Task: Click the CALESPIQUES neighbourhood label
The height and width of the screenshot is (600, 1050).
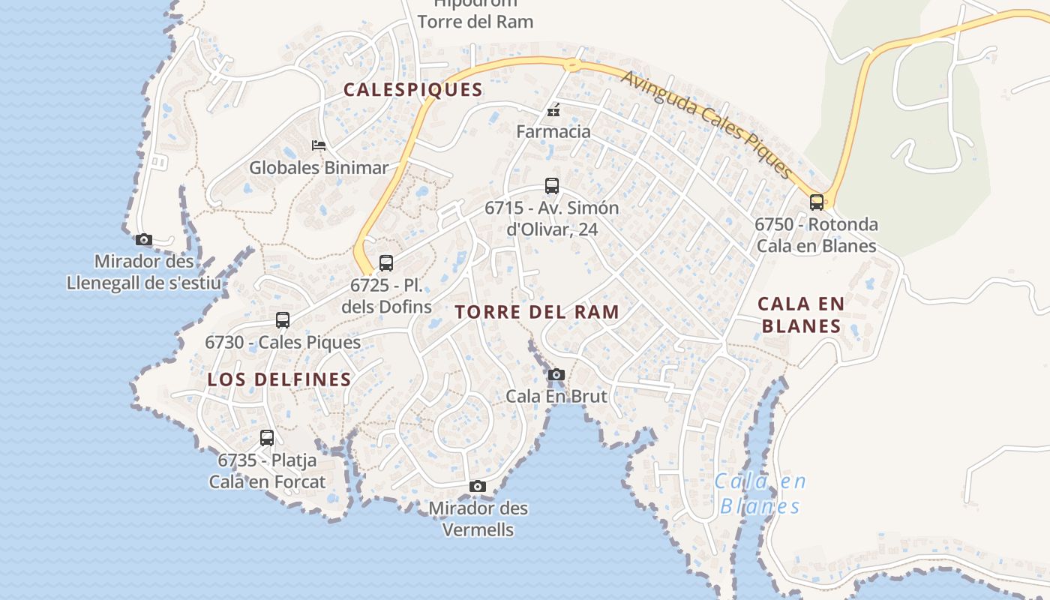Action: pyautogui.click(x=412, y=90)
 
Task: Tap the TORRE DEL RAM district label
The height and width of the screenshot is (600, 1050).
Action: pyautogui.click(x=537, y=312)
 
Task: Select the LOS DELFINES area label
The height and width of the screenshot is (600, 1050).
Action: pyautogui.click(x=279, y=379)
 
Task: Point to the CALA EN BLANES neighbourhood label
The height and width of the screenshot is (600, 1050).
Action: pyautogui.click(x=800, y=315)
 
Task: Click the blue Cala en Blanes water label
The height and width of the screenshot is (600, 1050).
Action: pyautogui.click(x=760, y=493)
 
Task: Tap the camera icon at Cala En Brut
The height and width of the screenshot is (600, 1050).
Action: pyautogui.click(x=556, y=374)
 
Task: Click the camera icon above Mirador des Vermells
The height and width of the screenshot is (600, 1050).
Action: pyautogui.click(x=477, y=487)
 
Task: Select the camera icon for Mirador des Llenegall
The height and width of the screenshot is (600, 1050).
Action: pyautogui.click(x=143, y=240)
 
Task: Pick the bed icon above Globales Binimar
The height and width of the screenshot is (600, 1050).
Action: pyautogui.click(x=319, y=145)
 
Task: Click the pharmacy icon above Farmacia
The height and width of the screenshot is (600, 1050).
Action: pyautogui.click(x=553, y=111)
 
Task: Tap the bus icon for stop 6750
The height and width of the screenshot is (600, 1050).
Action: pyautogui.click(x=816, y=202)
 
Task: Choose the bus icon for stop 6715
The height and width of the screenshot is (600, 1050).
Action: pyautogui.click(x=552, y=185)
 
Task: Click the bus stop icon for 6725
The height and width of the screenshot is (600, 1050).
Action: pyautogui.click(x=386, y=263)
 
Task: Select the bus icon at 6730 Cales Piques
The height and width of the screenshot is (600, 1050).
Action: pyautogui.click(x=283, y=320)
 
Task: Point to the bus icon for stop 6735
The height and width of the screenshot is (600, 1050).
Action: pyautogui.click(x=267, y=438)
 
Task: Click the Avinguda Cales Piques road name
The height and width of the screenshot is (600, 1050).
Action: pyautogui.click(x=706, y=124)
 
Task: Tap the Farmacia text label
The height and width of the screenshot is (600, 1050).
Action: pyautogui.click(x=553, y=132)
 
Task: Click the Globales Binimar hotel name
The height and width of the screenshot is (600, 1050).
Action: pyautogui.click(x=319, y=167)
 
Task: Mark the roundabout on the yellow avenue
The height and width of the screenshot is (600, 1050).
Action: pyautogui.click(x=572, y=65)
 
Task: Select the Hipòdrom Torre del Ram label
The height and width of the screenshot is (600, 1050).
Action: pyautogui.click(x=475, y=14)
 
